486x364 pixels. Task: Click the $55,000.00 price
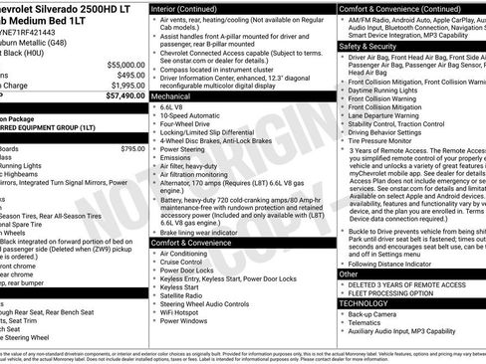click(x=123, y=64)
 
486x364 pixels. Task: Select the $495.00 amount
click(x=129, y=75)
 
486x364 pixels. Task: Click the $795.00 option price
click(x=132, y=148)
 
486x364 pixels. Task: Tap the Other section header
click(x=349, y=273)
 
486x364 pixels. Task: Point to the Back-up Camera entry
click(x=373, y=313)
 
